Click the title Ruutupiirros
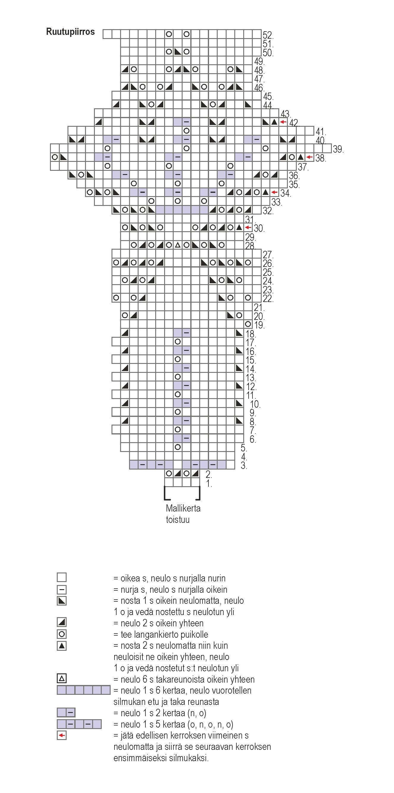point(70,32)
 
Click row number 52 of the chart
point(268,35)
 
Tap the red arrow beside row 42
point(283,122)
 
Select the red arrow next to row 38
point(310,157)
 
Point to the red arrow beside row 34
point(274,193)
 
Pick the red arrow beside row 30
point(248,228)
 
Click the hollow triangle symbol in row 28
point(178,245)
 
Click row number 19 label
point(259,325)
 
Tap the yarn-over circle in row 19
point(248,324)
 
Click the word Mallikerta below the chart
point(183,508)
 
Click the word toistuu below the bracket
point(178,520)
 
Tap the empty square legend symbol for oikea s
point(62,577)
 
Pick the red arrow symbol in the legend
point(62,736)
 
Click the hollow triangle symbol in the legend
point(62,678)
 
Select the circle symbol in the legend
point(62,634)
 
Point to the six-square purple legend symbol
point(83,690)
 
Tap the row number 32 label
point(268,211)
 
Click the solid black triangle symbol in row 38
point(301,157)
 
